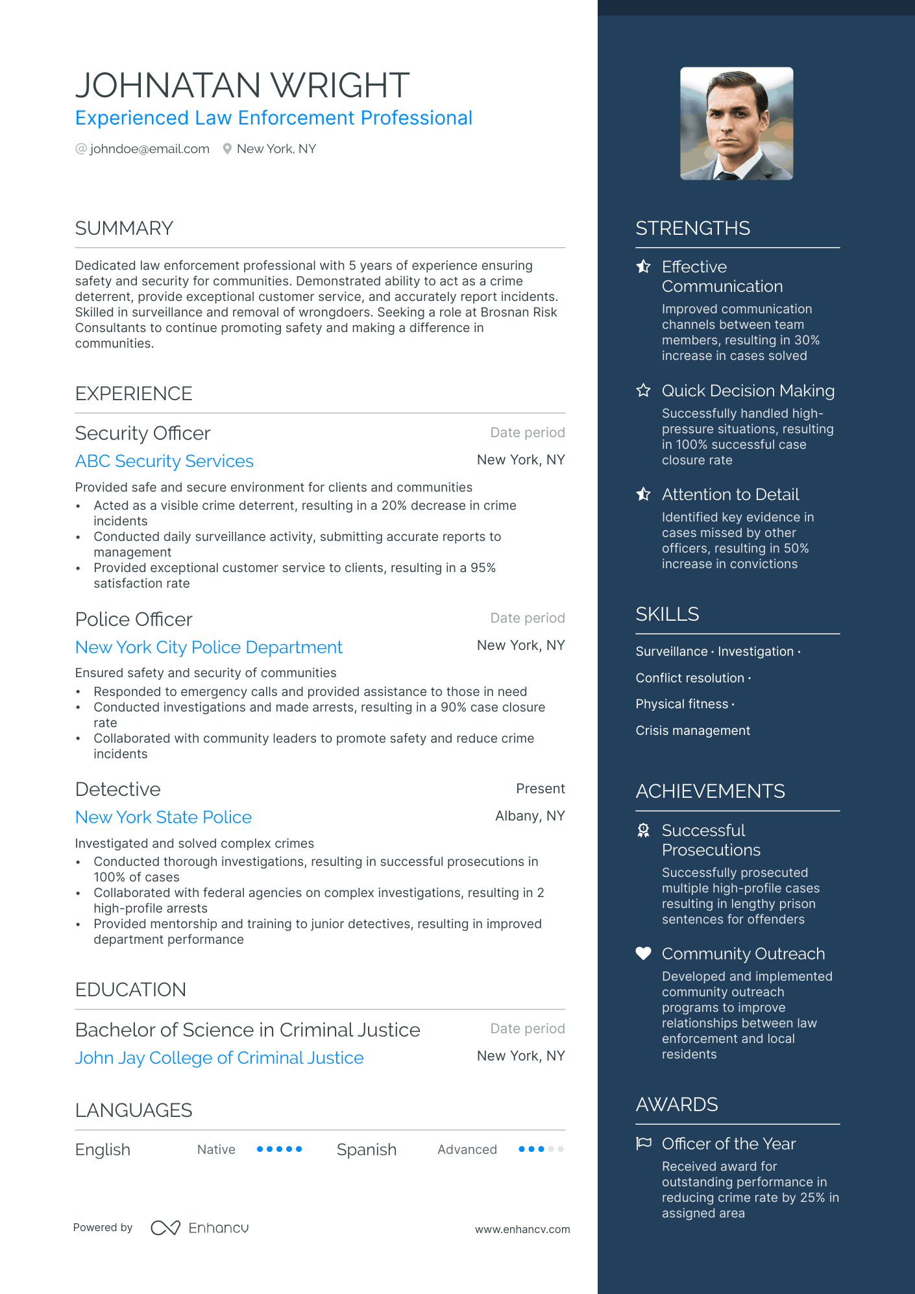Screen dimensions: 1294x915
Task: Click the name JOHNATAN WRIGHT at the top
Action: pos(242,85)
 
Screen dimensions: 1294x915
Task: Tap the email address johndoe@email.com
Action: pos(149,149)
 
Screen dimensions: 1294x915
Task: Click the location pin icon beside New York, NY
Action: pos(227,149)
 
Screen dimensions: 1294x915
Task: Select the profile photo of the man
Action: pos(737,123)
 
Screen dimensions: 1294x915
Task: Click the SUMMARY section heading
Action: pos(124,228)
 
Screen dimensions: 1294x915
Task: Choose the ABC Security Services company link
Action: pos(164,461)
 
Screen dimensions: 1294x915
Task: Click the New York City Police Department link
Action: pos(208,647)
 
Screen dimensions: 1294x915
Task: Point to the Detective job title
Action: pos(118,789)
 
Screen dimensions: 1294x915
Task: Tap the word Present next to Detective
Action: pos(540,789)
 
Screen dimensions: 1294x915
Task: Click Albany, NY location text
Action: pos(530,816)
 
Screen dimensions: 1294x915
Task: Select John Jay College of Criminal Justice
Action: pos(219,1058)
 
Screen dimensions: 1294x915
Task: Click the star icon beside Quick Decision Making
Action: pos(643,390)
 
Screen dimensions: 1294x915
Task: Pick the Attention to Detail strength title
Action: pos(730,494)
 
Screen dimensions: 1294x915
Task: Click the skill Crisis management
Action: pos(692,731)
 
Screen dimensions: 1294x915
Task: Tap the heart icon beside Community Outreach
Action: pos(643,953)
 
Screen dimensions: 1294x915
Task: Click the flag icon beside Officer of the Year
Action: pos(643,1144)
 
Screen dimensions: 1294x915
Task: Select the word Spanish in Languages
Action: pos(367,1150)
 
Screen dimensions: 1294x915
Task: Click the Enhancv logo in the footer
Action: pos(200,1228)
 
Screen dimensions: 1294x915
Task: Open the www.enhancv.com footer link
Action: pos(522,1229)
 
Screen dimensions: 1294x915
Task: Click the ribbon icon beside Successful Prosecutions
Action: pos(643,831)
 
